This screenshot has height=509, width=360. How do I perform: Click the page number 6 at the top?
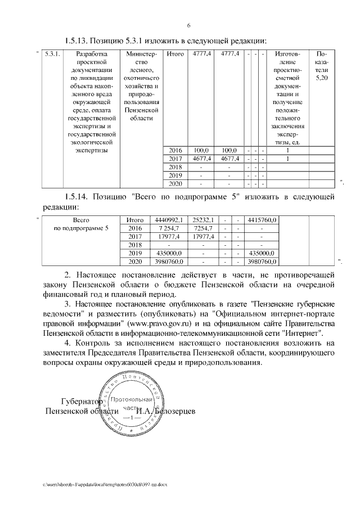[188, 25]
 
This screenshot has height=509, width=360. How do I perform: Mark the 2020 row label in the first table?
[176, 183]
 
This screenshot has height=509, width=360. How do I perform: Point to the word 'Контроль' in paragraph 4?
[93, 343]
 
